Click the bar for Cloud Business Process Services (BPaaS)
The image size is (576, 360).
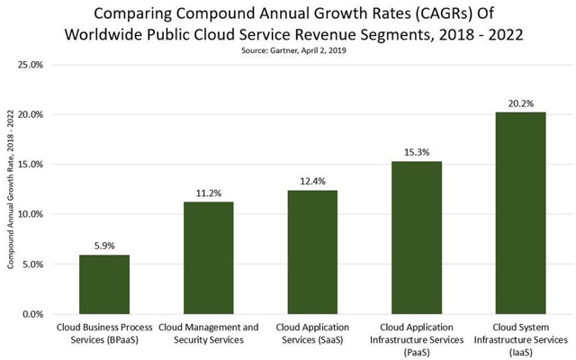click(104, 284)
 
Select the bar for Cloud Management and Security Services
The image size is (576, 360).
click(208, 258)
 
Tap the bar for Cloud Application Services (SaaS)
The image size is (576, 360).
click(312, 252)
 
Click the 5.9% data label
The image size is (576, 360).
click(104, 244)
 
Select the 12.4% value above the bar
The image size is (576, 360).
click(312, 180)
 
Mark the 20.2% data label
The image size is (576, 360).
click(520, 102)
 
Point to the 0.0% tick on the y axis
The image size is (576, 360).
click(33, 314)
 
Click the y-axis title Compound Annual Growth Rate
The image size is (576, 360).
click(10, 189)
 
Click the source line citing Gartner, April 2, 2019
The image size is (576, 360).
click(288, 50)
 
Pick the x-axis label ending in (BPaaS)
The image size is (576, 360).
click(104, 334)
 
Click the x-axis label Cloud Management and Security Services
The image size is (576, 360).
click(208, 334)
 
